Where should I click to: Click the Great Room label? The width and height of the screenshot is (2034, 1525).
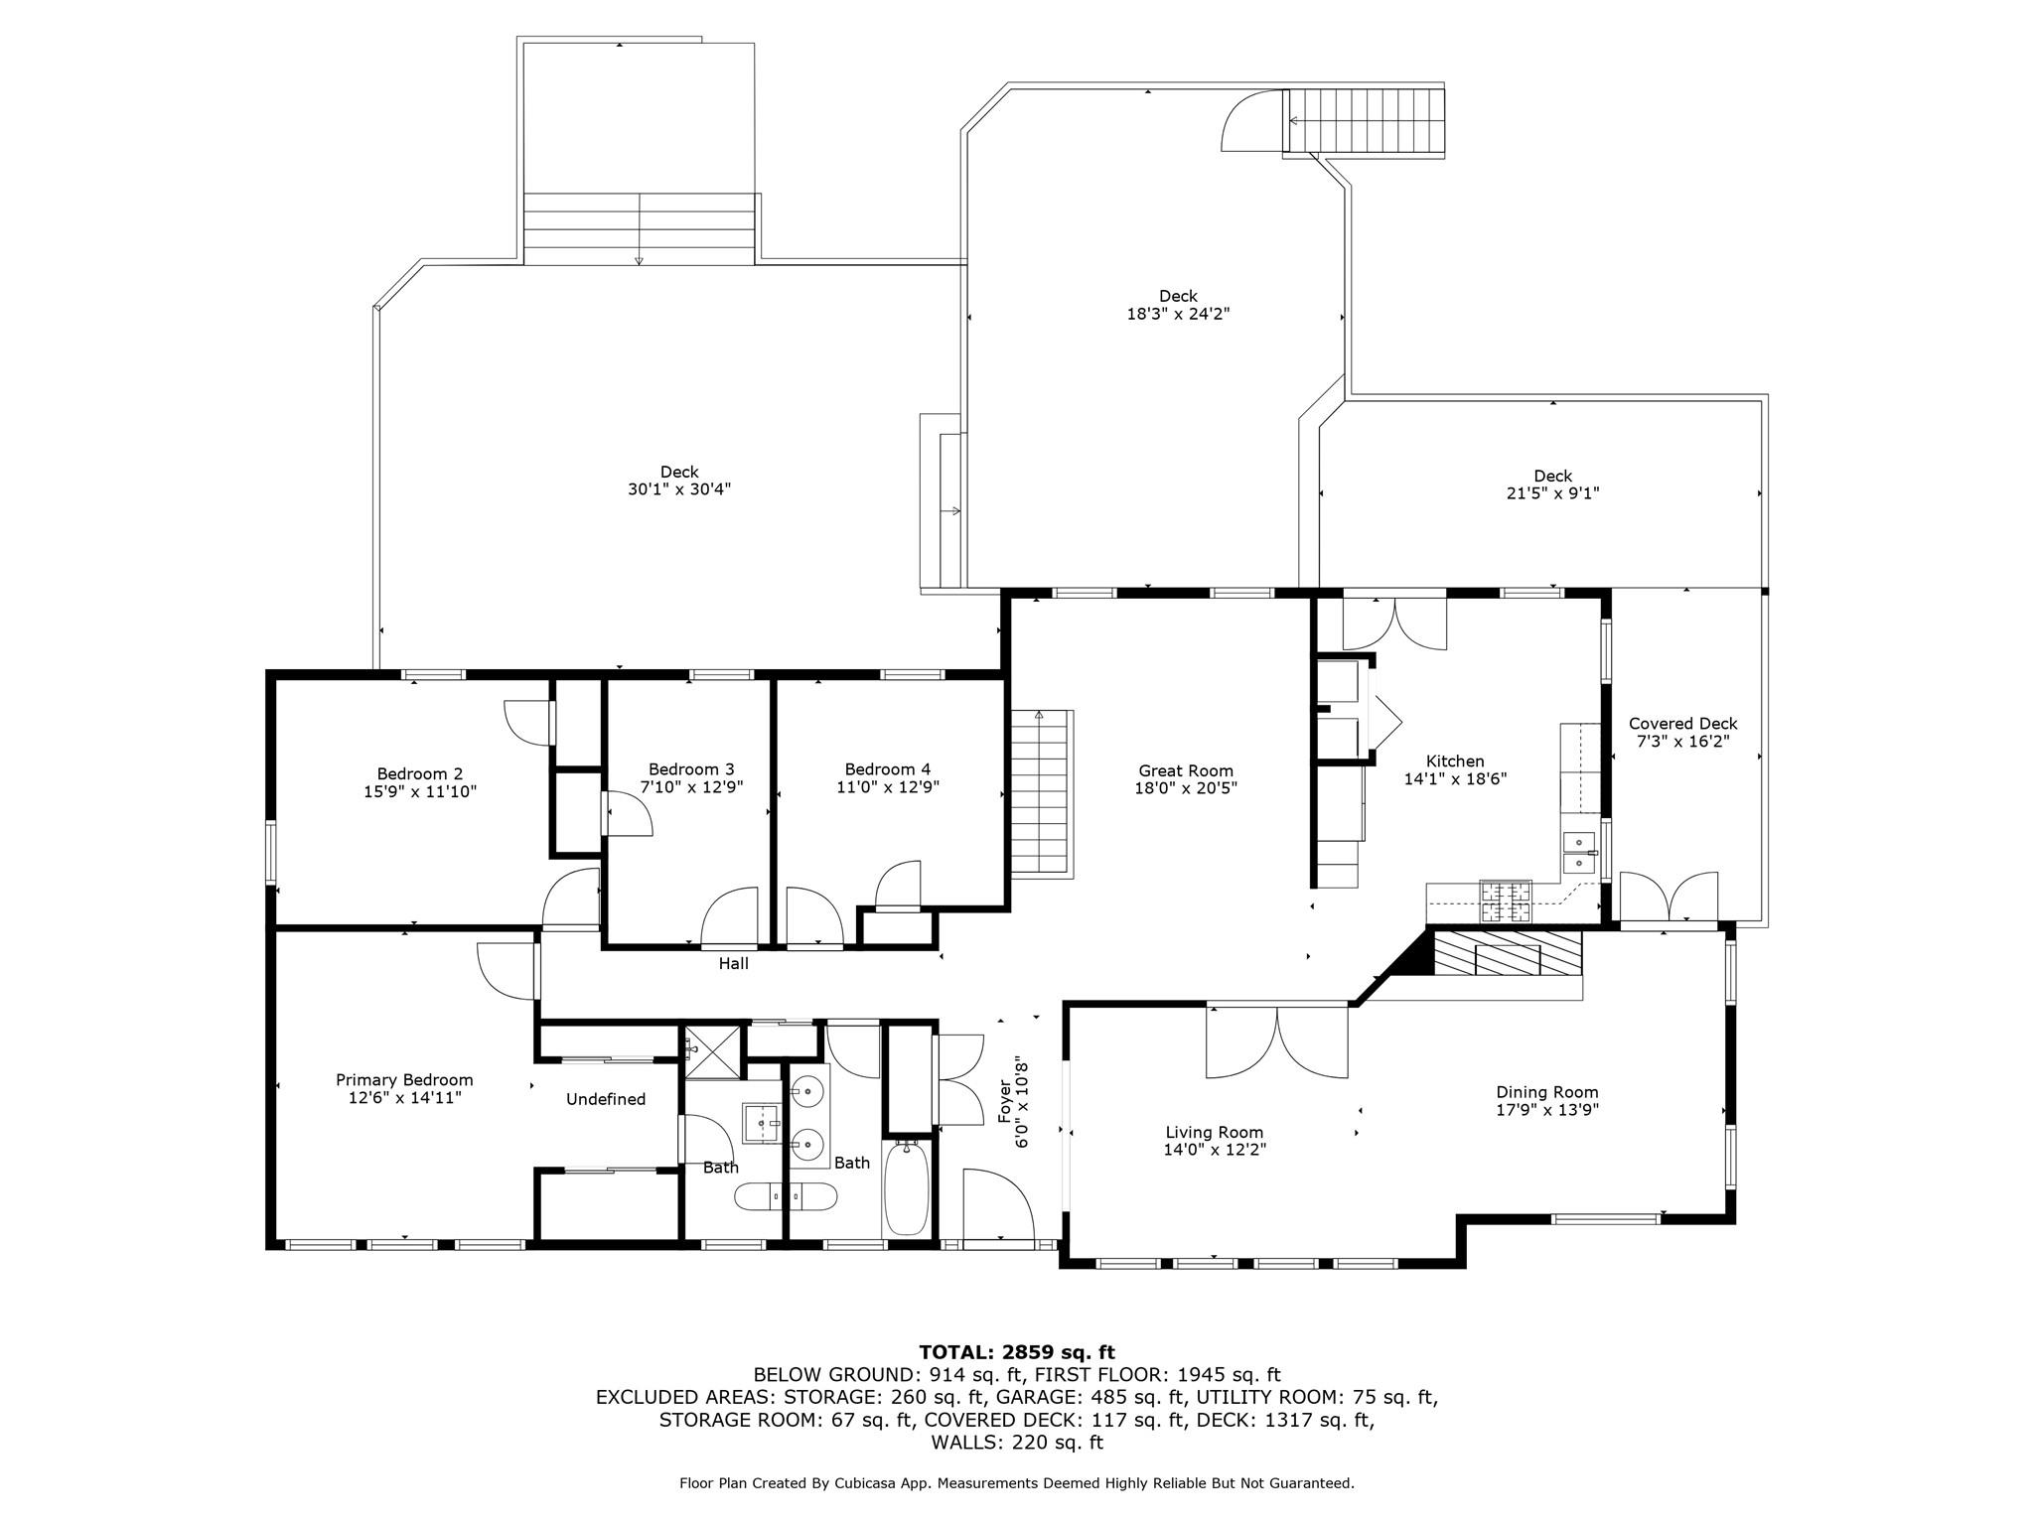[x=1185, y=770]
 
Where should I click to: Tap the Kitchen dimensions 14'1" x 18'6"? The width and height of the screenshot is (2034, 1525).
[x=1455, y=779]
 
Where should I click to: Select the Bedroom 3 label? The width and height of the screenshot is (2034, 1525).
[x=691, y=769]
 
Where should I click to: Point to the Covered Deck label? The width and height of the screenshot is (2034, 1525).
[x=1682, y=724]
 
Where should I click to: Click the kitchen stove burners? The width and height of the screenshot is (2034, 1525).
[x=1507, y=901]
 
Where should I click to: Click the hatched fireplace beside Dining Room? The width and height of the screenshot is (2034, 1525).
[x=1506, y=954]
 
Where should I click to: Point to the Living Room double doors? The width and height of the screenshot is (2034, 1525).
[x=1277, y=1041]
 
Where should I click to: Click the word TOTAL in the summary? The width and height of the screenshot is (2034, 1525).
[x=956, y=1352]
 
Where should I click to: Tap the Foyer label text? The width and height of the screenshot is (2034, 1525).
[x=1004, y=1101]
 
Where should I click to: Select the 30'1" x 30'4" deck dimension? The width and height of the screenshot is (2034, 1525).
[x=679, y=489]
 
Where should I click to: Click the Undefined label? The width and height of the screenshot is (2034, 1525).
[x=606, y=1099]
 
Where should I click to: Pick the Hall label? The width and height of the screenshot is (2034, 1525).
[x=733, y=963]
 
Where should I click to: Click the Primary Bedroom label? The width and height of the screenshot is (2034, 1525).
[x=404, y=1080]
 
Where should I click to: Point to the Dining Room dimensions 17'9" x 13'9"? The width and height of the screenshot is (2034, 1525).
[x=1546, y=1110]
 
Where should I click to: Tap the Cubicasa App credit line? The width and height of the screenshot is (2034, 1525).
[x=1016, y=1483]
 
